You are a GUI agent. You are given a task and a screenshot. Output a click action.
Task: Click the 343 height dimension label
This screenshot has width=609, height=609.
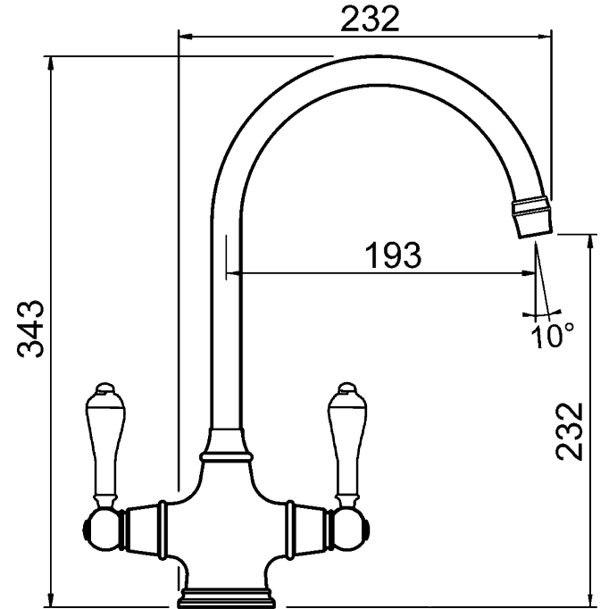pyautogui.click(x=30, y=329)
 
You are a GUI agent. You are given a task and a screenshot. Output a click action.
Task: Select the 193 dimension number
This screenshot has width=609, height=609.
pyautogui.click(x=393, y=255)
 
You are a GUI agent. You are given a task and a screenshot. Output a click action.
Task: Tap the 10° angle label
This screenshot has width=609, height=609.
pyautogui.click(x=552, y=335)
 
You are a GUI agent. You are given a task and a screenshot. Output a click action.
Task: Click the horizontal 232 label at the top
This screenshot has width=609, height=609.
pyautogui.click(x=370, y=20)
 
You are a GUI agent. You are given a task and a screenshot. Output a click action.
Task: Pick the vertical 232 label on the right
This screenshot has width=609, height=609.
pyautogui.click(x=570, y=431)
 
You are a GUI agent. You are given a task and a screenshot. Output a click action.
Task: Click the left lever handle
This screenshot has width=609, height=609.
pyautogui.click(x=104, y=444)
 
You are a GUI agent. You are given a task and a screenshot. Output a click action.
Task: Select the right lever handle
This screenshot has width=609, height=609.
pyautogui.click(x=347, y=444)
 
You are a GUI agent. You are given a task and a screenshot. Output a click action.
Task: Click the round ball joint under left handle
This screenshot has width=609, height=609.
pyautogui.click(x=102, y=530)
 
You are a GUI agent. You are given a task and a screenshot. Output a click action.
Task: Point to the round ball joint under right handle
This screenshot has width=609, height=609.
pyautogui.click(x=349, y=530)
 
